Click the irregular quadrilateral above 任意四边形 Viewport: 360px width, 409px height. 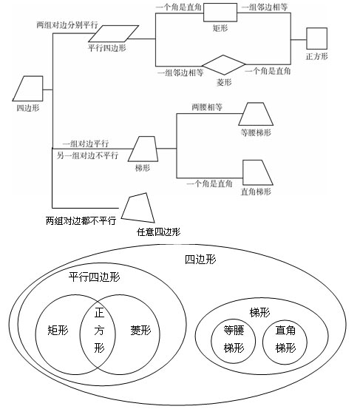point(139,208)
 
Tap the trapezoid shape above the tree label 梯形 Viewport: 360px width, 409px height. point(144,149)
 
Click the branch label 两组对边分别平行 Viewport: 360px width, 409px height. point(66,24)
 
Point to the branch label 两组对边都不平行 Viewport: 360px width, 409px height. point(81,220)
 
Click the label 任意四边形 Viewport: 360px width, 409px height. point(158,231)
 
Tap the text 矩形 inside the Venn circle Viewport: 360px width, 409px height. point(57,331)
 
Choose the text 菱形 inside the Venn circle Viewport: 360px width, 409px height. point(140,331)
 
